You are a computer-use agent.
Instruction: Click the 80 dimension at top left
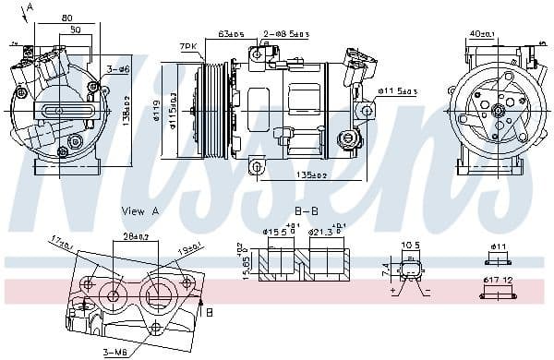click(67, 18)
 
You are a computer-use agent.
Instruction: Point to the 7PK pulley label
click(188, 45)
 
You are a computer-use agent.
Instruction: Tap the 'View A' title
click(140, 211)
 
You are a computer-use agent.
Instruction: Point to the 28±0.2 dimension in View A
click(136, 237)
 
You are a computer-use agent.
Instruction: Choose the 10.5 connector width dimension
click(410, 246)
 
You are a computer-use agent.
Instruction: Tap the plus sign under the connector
click(392, 290)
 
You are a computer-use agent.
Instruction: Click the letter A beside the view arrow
click(30, 7)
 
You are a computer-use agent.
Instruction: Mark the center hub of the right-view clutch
click(499, 111)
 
